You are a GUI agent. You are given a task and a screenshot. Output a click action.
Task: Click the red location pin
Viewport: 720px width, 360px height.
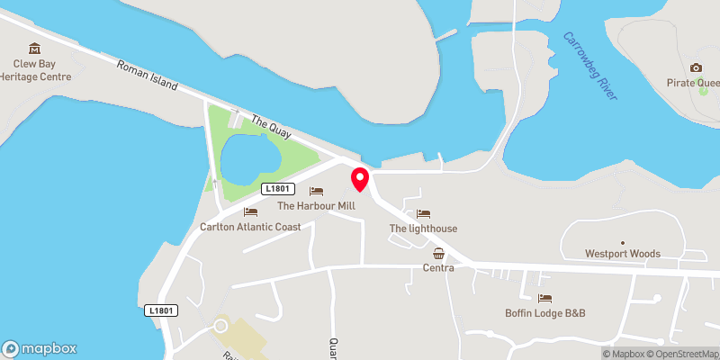click(x=360, y=178)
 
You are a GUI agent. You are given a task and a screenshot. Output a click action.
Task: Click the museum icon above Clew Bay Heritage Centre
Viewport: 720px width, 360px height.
click(x=35, y=48)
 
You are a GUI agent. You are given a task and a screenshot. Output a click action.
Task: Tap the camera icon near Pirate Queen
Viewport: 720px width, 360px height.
click(x=696, y=68)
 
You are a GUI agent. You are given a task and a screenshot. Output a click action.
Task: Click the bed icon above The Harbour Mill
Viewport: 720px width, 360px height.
click(x=316, y=191)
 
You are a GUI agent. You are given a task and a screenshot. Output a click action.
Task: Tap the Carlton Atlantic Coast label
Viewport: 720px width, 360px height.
click(x=250, y=227)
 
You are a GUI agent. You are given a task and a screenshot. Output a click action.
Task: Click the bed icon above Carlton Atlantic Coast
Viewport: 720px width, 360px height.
click(x=250, y=212)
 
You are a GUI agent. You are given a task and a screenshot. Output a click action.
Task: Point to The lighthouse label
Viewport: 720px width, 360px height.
click(x=423, y=229)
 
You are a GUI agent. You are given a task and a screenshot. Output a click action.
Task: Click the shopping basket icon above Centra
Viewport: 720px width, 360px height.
click(x=438, y=253)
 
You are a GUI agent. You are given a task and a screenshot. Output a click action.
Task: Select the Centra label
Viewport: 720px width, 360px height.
click(x=438, y=267)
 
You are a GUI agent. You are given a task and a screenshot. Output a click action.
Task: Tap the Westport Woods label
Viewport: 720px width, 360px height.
click(x=622, y=253)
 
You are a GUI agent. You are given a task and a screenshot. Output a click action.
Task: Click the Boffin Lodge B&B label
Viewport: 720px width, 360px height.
click(x=544, y=313)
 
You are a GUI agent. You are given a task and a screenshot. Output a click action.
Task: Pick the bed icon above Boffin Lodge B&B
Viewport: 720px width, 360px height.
click(x=544, y=298)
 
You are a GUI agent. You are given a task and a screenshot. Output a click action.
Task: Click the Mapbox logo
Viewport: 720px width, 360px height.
click(x=40, y=348)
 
